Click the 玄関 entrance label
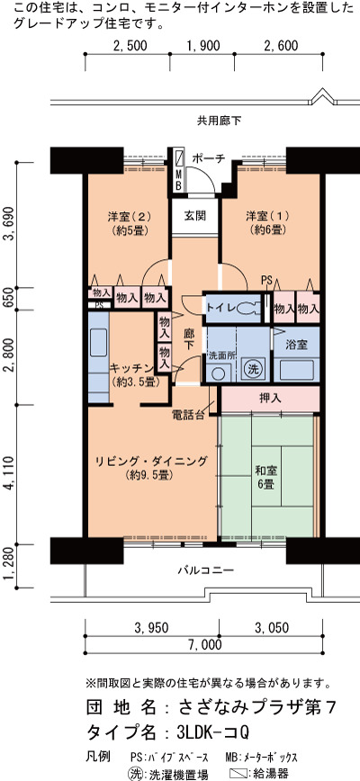click(194, 216)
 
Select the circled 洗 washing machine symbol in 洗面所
click(254, 370)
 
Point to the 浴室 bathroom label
click(296, 345)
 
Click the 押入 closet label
click(269, 399)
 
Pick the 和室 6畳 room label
click(265, 477)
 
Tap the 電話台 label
click(188, 415)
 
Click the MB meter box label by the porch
click(178, 180)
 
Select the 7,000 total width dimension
click(204, 645)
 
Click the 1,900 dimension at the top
click(203, 46)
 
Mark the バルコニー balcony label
click(205, 570)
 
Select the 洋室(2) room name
click(129, 217)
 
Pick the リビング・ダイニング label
click(151, 462)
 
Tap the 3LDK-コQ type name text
click(212, 732)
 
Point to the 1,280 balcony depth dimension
click(8, 566)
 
